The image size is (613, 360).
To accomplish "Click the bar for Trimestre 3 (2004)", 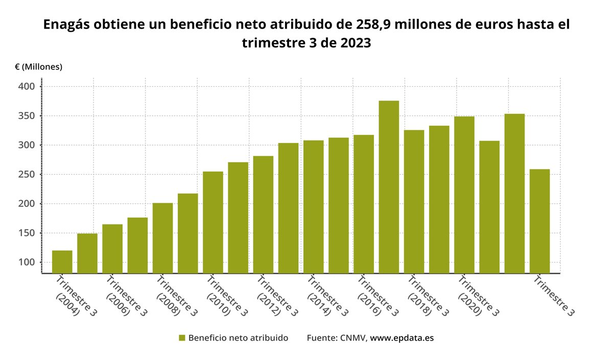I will [62, 261].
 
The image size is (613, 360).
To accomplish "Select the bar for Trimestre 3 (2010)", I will [213, 222].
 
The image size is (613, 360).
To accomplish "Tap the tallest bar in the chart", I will [389, 187].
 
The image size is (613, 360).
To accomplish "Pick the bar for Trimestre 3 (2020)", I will [464, 195].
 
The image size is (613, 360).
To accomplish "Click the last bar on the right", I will [539, 221].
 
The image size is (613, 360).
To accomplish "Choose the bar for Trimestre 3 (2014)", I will [314, 207].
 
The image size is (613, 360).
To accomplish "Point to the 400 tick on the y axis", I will [27, 87].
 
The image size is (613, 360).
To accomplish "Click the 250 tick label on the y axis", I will [27, 175].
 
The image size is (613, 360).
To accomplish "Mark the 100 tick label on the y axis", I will [27, 262].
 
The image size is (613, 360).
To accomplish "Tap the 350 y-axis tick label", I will [27, 116].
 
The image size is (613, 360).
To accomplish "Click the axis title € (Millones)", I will [38, 67].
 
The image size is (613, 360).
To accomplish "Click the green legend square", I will [181, 338].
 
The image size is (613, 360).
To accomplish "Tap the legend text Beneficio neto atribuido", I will [238, 338].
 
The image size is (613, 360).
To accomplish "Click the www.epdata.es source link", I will [402, 338].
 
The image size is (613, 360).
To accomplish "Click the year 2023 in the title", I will [352, 43].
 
